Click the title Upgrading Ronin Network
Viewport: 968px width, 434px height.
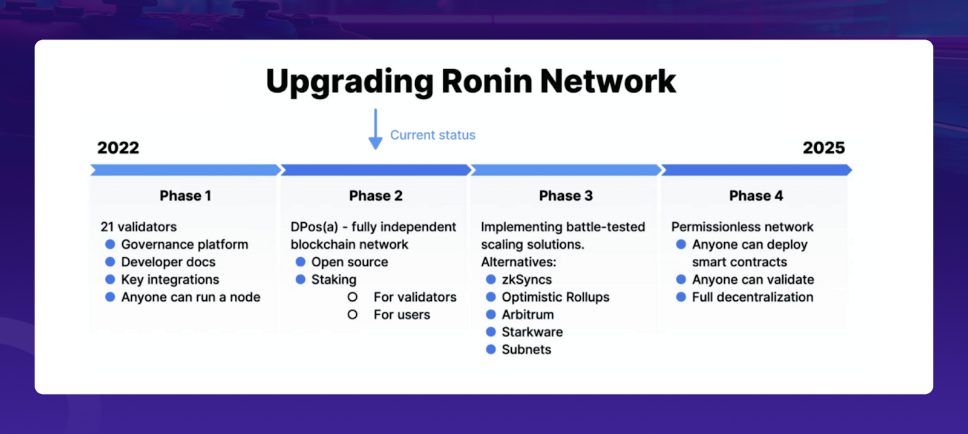pos(471,81)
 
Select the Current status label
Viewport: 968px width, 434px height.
pos(433,135)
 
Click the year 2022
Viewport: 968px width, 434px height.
pos(118,148)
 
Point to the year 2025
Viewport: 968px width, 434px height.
pos(823,148)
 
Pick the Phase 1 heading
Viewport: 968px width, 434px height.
pos(185,196)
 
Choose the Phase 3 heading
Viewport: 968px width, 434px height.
pos(566,196)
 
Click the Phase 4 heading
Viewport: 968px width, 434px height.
pos(756,196)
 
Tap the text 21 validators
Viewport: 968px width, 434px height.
pos(139,227)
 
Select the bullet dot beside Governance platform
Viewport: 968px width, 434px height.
pos(110,244)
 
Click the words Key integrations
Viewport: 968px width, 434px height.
pos(170,280)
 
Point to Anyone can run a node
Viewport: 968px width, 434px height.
pos(191,297)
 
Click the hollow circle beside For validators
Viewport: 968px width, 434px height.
pos(352,297)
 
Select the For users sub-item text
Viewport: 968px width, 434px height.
pos(402,315)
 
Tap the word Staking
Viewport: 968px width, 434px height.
pos(334,280)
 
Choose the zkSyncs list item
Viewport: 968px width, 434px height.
pos(526,280)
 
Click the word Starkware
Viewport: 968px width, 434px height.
pos(532,332)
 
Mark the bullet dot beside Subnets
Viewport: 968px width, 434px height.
pos(491,349)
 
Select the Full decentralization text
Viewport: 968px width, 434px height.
pos(753,297)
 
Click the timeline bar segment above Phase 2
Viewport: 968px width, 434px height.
pos(375,170)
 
